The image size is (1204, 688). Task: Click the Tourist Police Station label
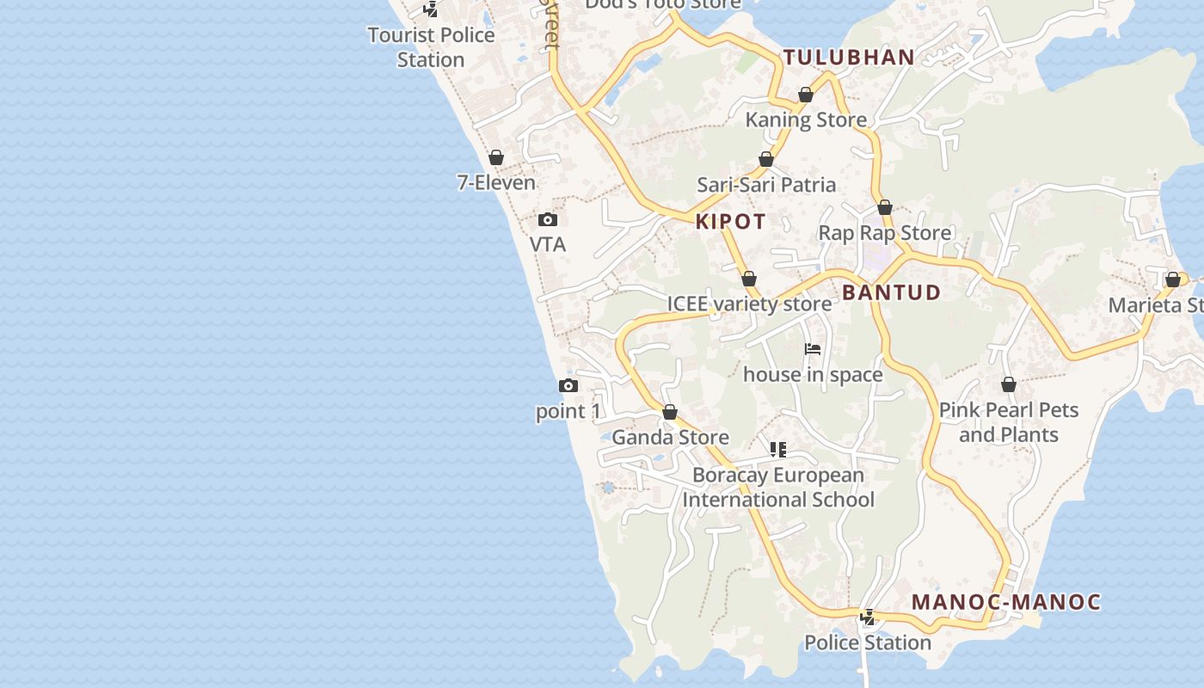(431, 47)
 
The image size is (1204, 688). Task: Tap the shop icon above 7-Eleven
(496, 157)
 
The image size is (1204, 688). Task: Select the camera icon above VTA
(548, 220)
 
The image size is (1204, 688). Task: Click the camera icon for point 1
(568, 385)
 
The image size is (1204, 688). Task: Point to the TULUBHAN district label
(848, 58)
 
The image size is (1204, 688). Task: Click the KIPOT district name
(730, 222)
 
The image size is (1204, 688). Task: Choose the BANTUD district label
(891, 292)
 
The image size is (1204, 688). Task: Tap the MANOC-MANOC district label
(1006, 602)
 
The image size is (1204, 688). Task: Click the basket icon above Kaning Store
(806, 95)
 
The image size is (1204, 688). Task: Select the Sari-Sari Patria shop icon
(766, 160)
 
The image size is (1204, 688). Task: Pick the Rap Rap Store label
(884, 233)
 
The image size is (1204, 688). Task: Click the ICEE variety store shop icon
(749, 279)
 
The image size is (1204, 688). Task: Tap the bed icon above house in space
(813, 349)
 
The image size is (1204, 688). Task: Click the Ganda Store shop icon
(670, 413)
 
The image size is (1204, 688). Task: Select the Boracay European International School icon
(778, 449)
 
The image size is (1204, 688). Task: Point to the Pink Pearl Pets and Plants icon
(1009, 384)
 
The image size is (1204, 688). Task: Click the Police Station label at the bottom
(868, 642)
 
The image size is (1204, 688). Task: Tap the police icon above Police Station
(868, 617)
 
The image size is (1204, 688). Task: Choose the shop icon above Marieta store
(1173, 279)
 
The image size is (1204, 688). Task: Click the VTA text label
(548, 244)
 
